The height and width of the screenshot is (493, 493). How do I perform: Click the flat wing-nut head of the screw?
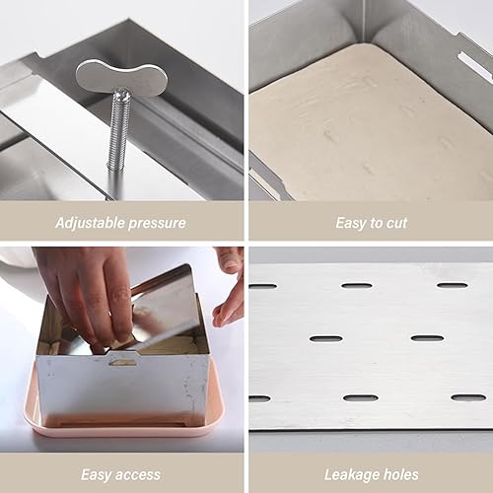coord(121,77)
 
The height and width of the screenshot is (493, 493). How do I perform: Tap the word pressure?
coord(157,224)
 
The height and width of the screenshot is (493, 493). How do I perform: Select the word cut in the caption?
coord(396,223)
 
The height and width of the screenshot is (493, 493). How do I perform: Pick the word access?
coord(138,475)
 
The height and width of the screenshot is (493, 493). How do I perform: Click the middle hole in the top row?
coord(357,285)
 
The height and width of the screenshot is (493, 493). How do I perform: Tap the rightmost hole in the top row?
coord(453,285)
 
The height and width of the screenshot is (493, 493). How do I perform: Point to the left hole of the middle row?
coord(326,338)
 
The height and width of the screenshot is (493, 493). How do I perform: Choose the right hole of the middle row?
coord(428,338)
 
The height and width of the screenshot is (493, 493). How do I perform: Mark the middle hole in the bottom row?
coord(361,398)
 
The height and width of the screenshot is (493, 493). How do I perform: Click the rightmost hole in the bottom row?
coord(468,397)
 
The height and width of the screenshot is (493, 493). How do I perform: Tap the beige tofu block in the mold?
coord(368,125)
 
